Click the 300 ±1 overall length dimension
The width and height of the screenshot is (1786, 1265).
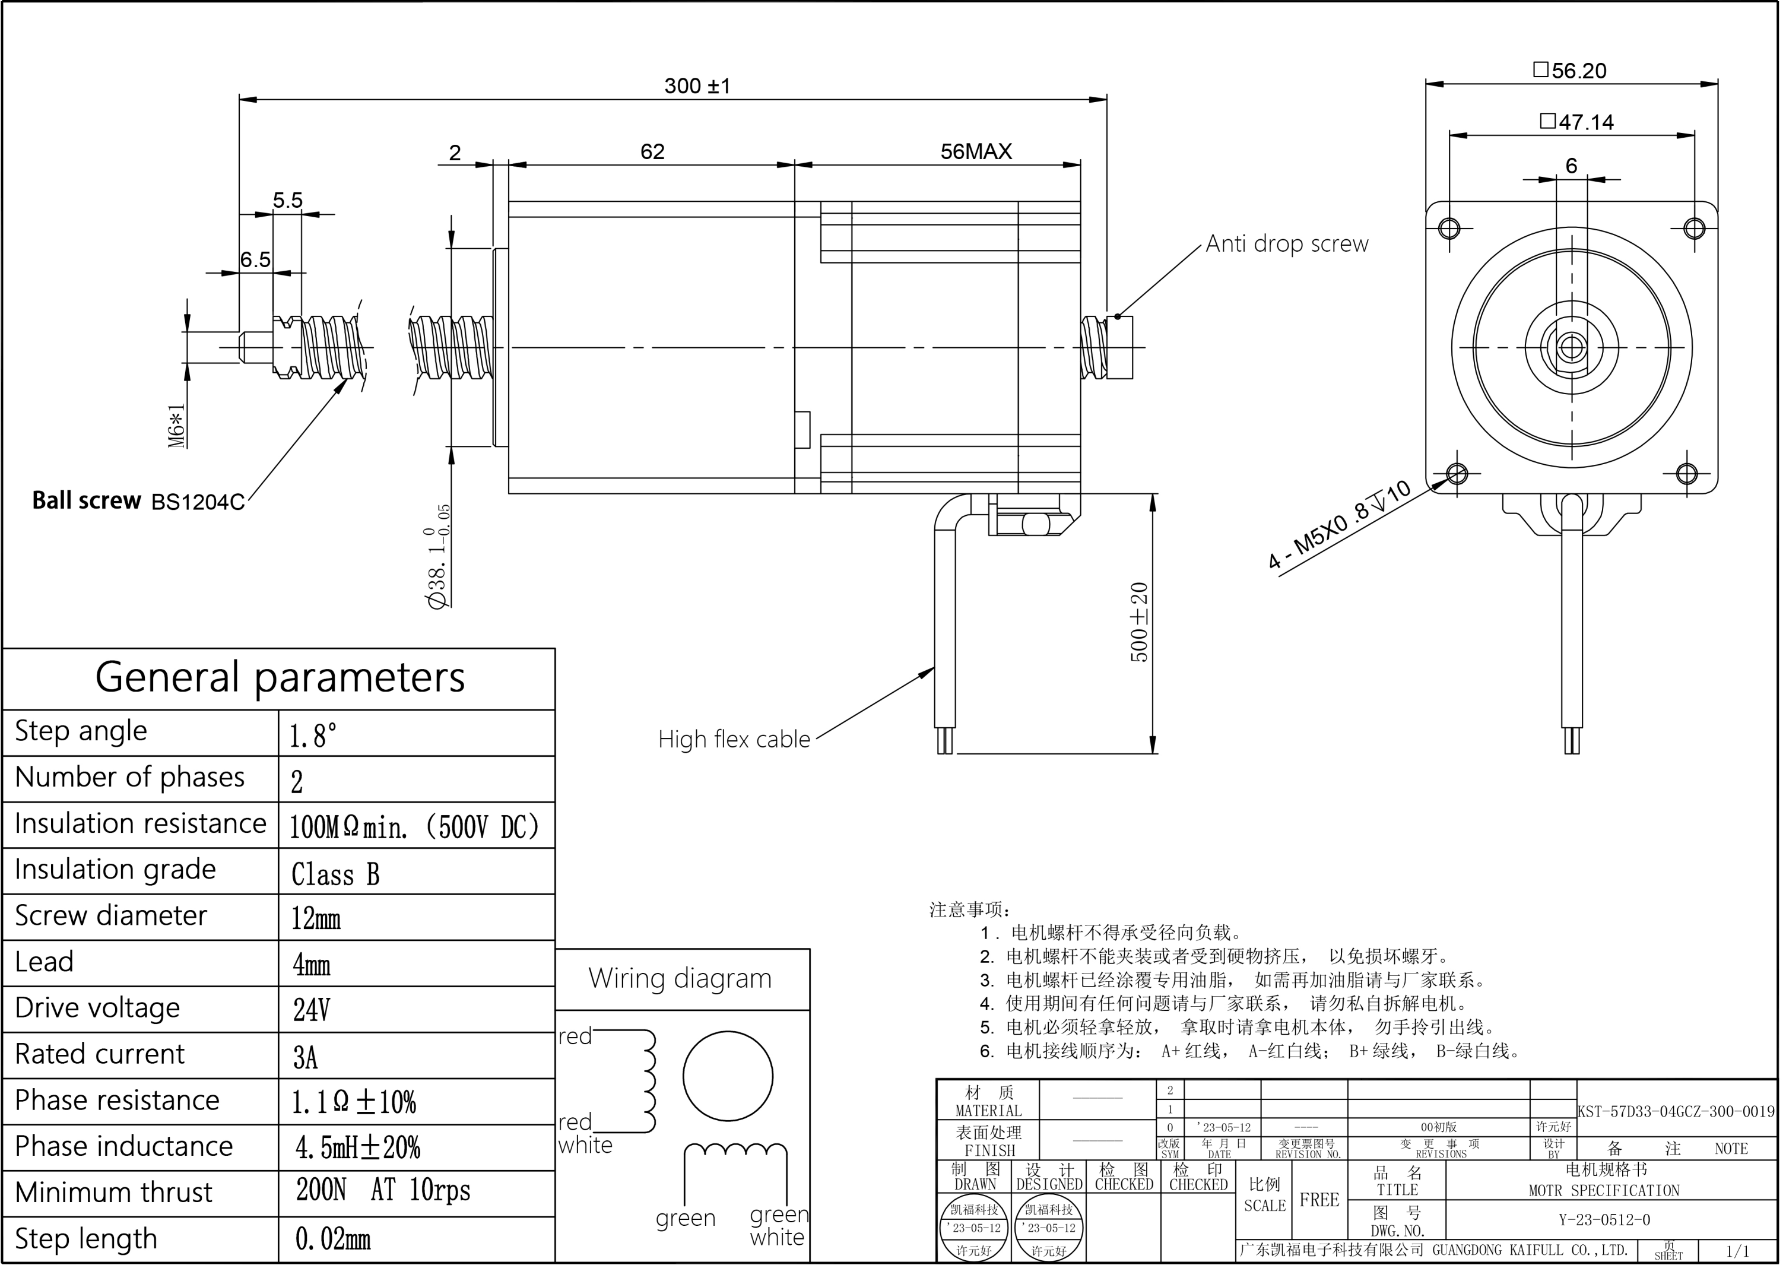(697, 85)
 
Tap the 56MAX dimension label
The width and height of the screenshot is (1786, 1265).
(975, 152)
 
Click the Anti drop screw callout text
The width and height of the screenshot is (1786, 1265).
(1286, 244)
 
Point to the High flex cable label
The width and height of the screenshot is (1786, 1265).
(734, 739)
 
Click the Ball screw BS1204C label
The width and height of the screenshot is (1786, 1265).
(138, 501)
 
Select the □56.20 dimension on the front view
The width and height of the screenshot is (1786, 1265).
(1569, 71)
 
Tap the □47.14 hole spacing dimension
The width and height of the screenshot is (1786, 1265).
(1576, 122)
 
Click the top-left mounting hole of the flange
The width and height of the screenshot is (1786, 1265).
(1449, 228)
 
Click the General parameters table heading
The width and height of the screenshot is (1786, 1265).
(280, 677)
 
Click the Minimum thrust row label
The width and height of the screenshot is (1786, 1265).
(114, 1193)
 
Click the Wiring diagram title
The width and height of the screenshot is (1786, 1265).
(680, 978)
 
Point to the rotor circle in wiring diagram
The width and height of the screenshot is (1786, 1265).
(728, 1076)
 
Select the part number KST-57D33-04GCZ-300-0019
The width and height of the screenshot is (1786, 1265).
(1676, 1111)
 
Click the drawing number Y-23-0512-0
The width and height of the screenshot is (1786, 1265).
(1604, 1220)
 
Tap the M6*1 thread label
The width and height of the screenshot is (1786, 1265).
(177, 424)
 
